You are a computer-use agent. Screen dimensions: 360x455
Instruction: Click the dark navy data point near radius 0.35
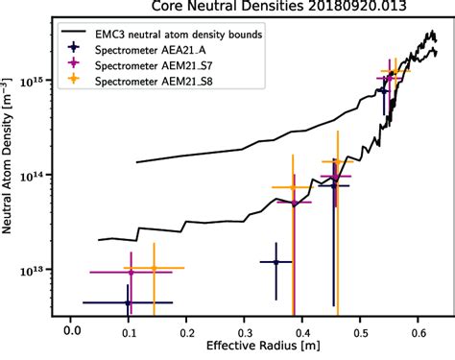click(275, 261)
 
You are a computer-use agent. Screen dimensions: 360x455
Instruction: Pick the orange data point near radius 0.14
click(153, 269)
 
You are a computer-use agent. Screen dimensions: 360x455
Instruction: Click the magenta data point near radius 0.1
click(131, 273)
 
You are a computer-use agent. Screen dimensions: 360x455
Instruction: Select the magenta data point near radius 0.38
click(294, 203)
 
